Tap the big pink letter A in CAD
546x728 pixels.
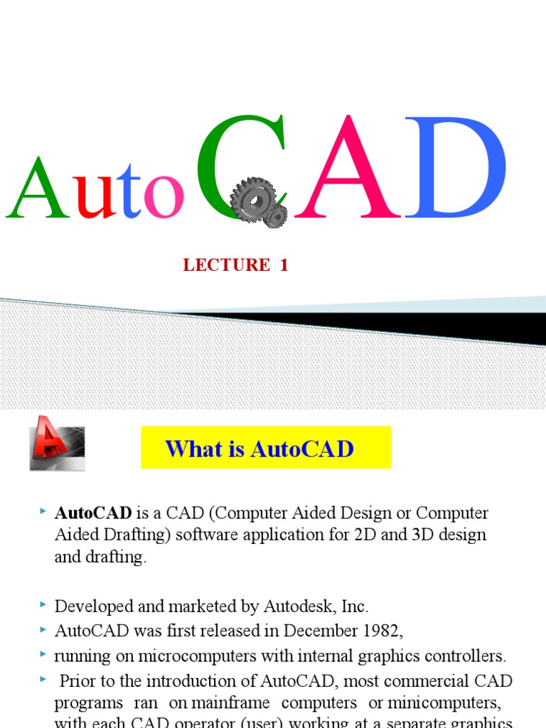[x=348, y=171]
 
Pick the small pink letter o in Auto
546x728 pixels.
[x=164, y=199]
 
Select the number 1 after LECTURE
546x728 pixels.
[x=284, y=265]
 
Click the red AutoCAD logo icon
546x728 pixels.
[x=57, y=442]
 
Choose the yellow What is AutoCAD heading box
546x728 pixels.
[x=266, y=448]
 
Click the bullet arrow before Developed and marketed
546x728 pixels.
[x=44, y=605]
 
